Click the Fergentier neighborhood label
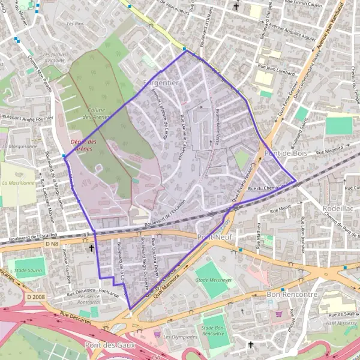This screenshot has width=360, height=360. [161, 82]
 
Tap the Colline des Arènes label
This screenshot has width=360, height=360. [95, 113]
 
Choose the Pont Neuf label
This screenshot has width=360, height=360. [214, 237]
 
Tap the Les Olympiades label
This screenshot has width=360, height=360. [180, 337]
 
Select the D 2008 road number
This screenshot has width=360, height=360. [37, 296]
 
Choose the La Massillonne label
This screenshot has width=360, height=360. [17, 182]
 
